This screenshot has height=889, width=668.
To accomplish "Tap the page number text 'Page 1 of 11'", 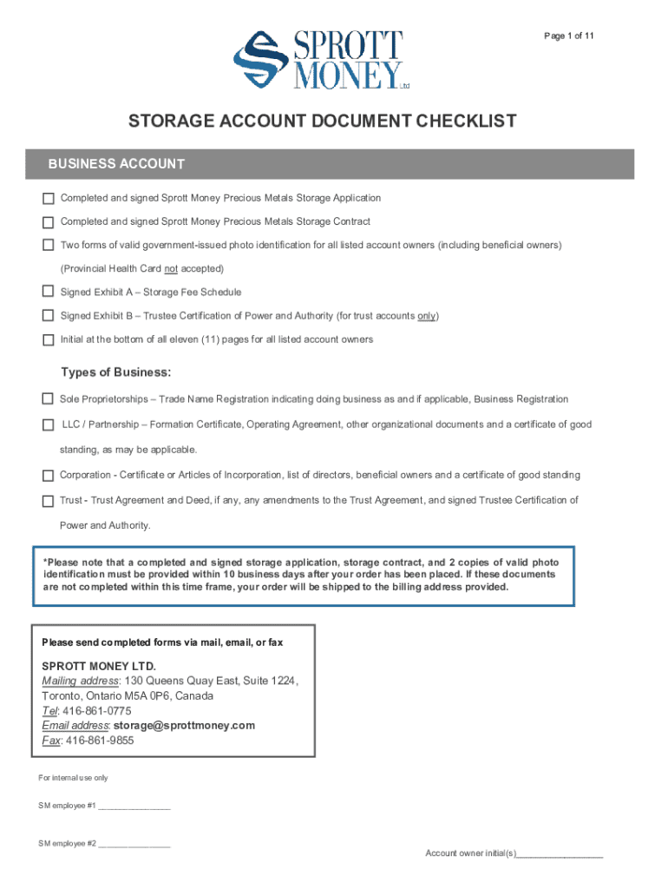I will (x=568, y=36).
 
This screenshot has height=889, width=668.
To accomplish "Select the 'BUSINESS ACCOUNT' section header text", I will (x=116, y=164).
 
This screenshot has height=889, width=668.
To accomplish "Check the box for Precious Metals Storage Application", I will (x=48, y=198).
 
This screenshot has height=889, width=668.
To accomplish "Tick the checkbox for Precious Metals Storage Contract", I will (x=48, y=221).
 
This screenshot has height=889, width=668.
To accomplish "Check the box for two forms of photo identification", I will (x=48, y=245).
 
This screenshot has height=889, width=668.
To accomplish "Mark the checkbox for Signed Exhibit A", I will (x=48, y=291).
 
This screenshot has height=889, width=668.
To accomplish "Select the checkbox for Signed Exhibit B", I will (x=48, y=315).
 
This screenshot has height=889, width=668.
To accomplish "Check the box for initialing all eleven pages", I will (x=48, y=339).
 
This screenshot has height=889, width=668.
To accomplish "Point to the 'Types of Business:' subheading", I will (x=115, y=372).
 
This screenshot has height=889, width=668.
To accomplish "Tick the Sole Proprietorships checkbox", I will (x=48, y=399).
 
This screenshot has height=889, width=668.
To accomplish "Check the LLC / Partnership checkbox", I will (x=48, y=425).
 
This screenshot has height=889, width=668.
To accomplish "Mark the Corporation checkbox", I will (x=48, y=476).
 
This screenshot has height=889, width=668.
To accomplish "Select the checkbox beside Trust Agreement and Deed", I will (x=48, y=501).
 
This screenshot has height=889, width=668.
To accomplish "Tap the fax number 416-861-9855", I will (x=100, y=741).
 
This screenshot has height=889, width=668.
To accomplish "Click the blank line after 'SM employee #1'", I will (x=134, y=807).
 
